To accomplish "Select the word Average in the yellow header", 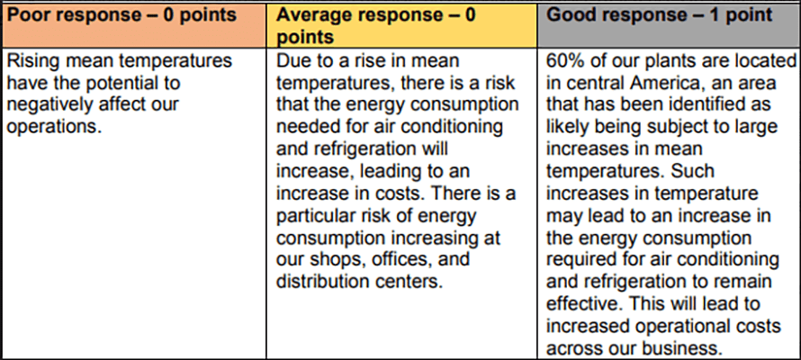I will point(311,16).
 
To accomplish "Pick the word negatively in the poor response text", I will point(45,104).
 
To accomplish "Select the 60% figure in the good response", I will point(566,61).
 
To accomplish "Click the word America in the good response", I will point(646,83).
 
